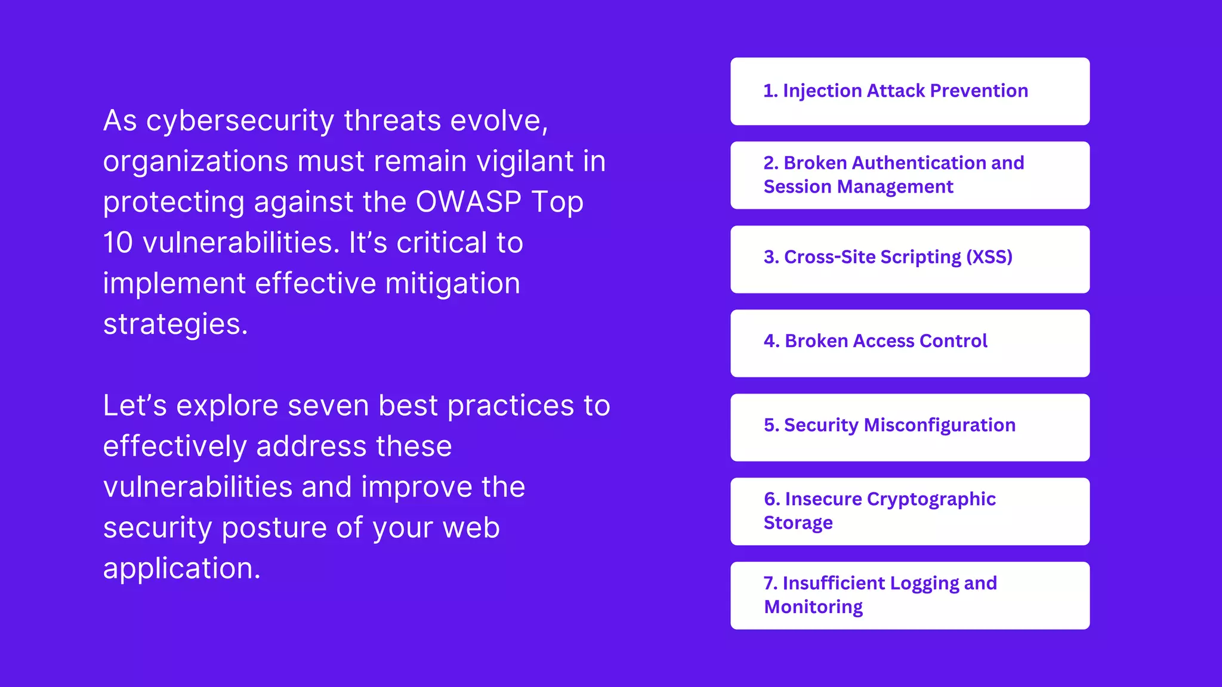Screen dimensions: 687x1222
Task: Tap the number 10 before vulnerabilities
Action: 118,243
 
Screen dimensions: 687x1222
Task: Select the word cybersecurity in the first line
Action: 240,121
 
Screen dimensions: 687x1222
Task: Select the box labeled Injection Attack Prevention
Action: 909,91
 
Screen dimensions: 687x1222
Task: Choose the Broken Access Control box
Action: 909,343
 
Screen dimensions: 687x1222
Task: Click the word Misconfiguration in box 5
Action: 939,425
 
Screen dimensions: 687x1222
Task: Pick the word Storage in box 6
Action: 798,523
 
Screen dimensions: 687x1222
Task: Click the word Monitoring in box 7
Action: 813,607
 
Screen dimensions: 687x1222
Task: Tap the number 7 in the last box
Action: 769,583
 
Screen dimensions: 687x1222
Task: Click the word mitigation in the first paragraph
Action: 452,283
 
